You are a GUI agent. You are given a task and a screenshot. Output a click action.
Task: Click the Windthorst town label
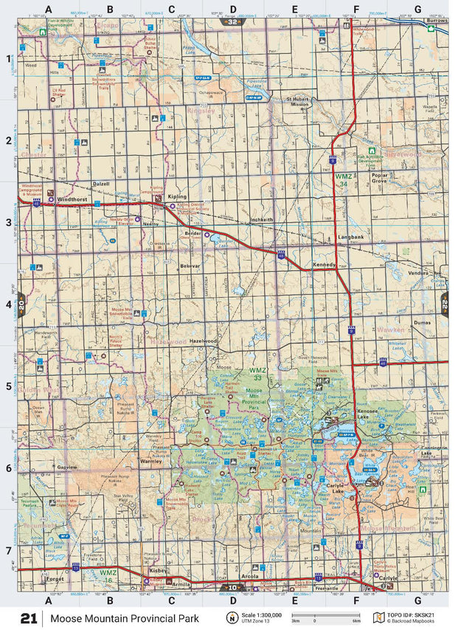click(72, 199)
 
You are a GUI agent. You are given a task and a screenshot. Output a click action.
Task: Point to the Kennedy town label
click(324, 264)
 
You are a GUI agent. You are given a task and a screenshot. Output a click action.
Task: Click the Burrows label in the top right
click(437, 21)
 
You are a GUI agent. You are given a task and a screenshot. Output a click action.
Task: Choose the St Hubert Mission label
click(298, 101)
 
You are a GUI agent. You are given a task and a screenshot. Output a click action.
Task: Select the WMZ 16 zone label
click(108, 573)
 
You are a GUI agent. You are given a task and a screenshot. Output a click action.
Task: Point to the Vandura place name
click(418, 273)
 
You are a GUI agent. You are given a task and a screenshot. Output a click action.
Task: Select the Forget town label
click(55, 580)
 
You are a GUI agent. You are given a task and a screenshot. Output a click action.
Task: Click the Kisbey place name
click(159, 571)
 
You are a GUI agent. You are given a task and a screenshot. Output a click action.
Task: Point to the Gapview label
click(67, 468)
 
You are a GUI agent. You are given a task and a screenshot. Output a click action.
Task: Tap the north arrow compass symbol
click(232, 617)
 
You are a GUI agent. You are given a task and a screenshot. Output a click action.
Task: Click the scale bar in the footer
click(324, 614)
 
